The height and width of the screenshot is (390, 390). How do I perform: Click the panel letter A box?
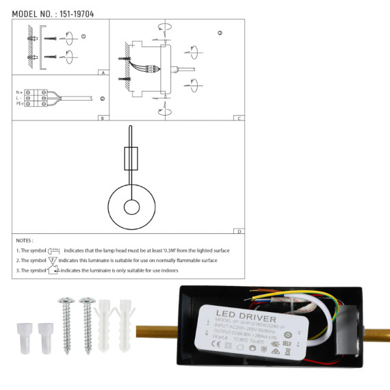tap(101, 72)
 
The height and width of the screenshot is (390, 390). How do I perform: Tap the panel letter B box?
tap(101, 118)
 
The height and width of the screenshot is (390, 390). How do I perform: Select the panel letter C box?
tap(237, 118)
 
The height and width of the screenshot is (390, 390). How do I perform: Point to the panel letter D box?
tap(237, 232)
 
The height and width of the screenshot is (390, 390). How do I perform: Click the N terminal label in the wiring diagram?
tap(18, 91)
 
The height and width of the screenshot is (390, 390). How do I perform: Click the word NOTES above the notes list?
tap(24, 241)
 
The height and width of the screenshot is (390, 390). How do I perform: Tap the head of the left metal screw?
tap(66, 302)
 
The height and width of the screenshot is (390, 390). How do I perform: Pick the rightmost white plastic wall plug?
tap(125, 322)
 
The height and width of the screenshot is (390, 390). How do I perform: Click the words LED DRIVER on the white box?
tap(239, 318)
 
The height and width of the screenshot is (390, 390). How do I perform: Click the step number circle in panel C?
tap(220, 33)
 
